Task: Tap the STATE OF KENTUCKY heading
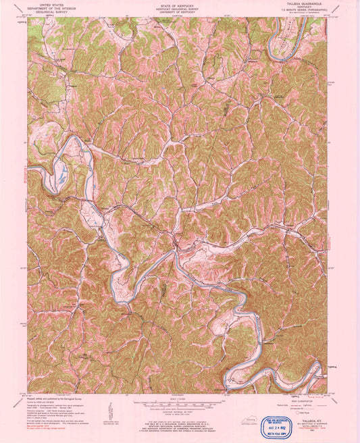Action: click(x=180, y=3)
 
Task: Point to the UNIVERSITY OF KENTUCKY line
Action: click(x=180, y=13)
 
